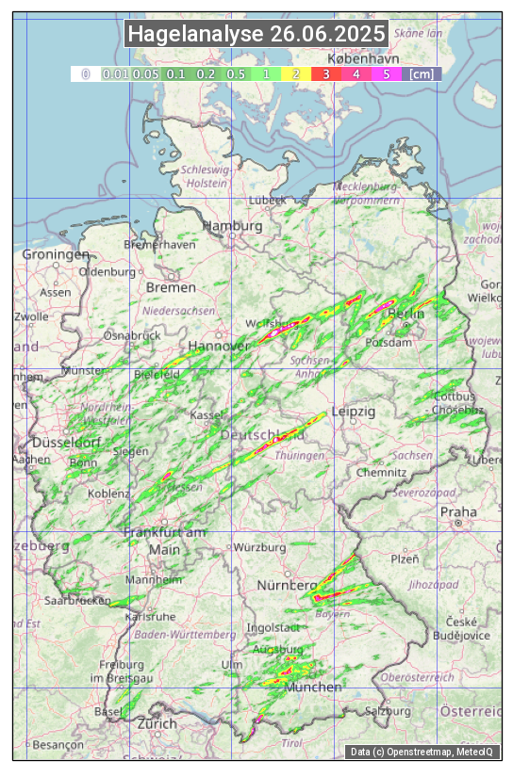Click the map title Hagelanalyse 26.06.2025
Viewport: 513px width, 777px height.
click(256, 35)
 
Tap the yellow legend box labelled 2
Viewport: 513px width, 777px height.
click(296, 73)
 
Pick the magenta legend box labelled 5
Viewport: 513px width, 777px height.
click(387, 73)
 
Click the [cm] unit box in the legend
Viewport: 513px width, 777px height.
click(422, 73)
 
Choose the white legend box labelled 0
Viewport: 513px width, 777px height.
click(85, 73)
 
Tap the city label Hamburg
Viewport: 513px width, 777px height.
click(232, 227)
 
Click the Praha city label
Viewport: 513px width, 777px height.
click(458, 512)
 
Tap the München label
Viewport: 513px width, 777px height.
click(313, 688)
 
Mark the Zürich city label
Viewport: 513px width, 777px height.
click(157, 723)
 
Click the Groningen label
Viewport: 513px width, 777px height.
click(56, 254)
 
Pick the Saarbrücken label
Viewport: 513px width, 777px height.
click(77, 600)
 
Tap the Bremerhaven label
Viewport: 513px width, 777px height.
click(159, 245)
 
